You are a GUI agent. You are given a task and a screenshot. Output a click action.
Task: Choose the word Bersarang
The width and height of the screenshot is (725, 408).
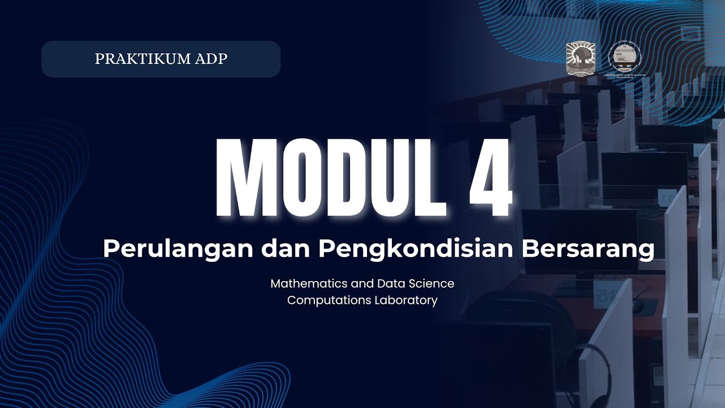coord(588,249)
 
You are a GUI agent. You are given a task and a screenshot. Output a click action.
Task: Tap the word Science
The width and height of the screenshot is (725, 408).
coord(432,283)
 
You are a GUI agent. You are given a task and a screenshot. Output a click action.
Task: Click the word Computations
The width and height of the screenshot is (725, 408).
coord(329,300)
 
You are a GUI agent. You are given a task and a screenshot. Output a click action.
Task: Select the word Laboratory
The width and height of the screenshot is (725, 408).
coord(406,300)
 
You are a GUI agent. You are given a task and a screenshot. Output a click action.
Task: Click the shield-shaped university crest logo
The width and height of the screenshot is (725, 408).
coord(581,58)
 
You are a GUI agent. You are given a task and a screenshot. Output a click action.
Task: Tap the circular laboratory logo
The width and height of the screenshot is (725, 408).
coord(626,58)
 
